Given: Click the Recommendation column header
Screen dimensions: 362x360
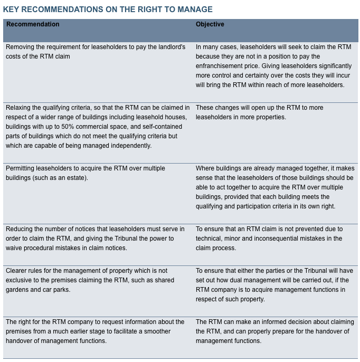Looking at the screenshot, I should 33,24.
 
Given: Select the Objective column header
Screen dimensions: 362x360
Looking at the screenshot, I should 210,24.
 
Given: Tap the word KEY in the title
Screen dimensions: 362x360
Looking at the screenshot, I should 12,9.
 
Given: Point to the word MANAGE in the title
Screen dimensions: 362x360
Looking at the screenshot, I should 195,9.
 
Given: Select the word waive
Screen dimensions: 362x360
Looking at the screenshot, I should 15,248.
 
